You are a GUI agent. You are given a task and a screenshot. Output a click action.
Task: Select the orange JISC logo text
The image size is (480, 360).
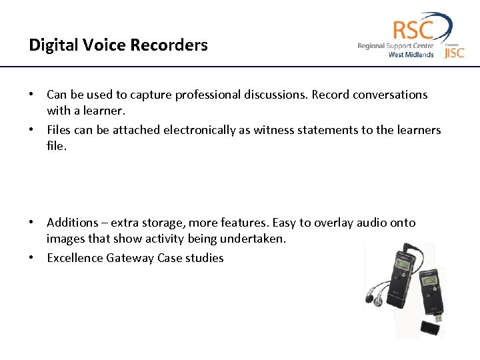point(454,52)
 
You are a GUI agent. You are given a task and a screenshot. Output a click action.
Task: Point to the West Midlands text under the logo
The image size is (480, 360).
point(411,55)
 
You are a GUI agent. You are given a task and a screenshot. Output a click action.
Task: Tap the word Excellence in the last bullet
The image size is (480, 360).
point(75,258)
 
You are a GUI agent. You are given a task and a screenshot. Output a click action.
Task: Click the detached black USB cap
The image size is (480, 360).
point(430,328)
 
